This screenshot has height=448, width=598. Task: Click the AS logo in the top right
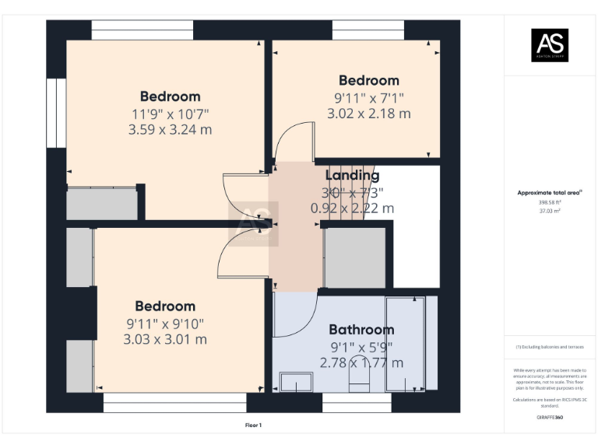point(550,44)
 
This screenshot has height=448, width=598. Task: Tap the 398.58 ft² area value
point(550,202)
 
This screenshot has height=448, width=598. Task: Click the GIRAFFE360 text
point(550,418)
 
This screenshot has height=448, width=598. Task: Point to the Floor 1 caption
point(254,425)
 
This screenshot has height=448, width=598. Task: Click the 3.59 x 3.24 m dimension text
point(170,130)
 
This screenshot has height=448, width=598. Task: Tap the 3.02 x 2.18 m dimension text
point(368,114)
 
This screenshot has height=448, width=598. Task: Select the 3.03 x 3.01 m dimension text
point(165,339)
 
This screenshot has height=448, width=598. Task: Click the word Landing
point(352,176)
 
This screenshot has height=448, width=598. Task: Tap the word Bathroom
point(361,330)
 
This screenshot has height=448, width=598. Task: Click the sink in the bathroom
point(294,382)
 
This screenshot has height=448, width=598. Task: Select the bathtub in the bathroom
point(406,342)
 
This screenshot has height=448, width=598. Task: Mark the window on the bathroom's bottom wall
point(346,402)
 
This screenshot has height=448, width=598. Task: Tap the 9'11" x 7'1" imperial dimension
point(368,98)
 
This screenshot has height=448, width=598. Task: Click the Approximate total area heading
point(550,192)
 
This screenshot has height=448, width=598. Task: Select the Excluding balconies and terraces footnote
point(550,347)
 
